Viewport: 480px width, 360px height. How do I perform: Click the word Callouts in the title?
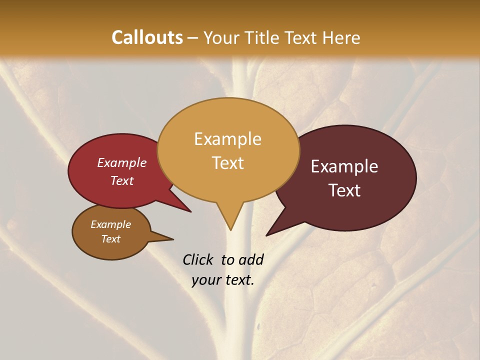(x=147, y=37)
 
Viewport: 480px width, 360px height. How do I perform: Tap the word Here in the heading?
(x=340, y=37)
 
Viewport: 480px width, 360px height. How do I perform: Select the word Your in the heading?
(x=221, y=37)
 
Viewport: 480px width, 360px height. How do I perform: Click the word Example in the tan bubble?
(x=227, y=138)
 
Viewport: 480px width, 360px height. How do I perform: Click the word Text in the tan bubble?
(x=227, y=163)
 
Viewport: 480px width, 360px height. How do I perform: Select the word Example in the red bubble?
(x=121, y=162)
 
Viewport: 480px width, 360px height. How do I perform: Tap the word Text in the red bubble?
(x=121, y=180)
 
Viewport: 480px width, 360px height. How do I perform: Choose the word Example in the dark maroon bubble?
(x=344, y=166)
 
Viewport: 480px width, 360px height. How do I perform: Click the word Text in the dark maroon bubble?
(x=344, y=190)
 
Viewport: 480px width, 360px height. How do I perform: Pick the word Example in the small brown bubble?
(x=110, y=224)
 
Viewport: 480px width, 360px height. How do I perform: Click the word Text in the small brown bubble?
(x=110, y=239)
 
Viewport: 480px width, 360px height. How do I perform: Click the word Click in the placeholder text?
(x=199, y=259)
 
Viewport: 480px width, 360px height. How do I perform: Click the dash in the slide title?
(x=193, y=38)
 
